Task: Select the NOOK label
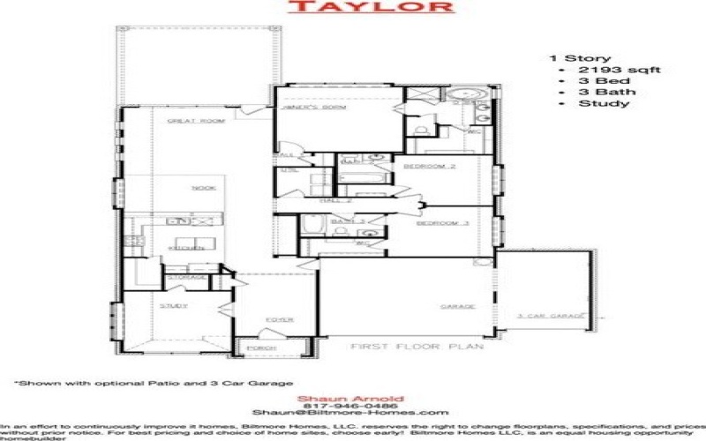pos(203,188)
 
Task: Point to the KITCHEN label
pos(181,249)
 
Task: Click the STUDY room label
pos(174,305)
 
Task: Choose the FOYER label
pos(281,319)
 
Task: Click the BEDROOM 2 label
pos(430,166)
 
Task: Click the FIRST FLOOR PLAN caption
pos(417,347)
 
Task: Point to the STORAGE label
pos(189,277)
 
